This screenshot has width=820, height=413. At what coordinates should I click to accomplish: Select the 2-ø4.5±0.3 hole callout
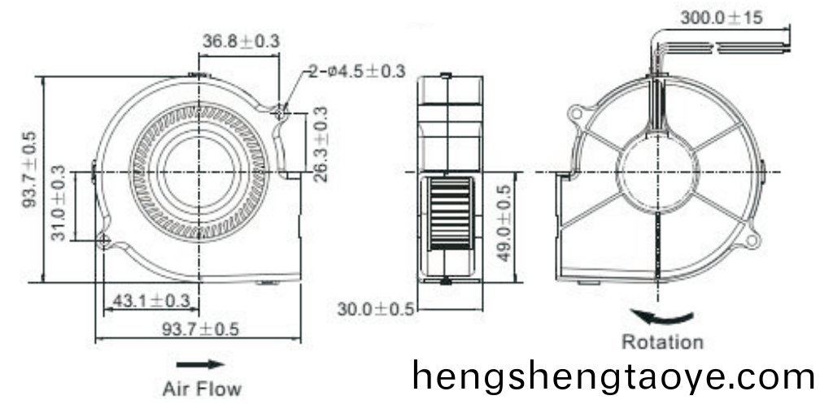[356, 72]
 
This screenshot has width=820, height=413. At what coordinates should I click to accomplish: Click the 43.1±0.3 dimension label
[150, 301]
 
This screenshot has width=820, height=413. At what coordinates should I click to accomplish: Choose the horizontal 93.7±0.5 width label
[199, 329]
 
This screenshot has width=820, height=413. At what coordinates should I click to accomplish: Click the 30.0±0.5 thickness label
[376, 309]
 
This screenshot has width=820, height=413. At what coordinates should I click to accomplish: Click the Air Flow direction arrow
[199, 364]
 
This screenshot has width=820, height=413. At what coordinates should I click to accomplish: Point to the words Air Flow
[202, 389]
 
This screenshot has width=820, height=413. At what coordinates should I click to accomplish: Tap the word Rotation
[662, 342]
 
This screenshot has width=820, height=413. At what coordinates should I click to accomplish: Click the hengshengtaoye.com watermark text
[612, 376]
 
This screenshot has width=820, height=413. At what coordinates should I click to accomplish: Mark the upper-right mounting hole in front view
[281, 111]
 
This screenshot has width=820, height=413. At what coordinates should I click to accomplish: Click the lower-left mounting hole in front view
[104, 240]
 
